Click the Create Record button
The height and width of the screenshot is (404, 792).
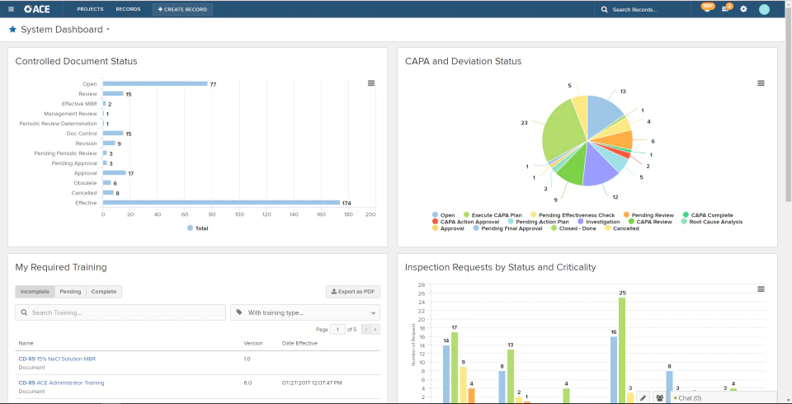pos(182,9)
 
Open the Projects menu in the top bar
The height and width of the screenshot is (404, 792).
pos(90,9)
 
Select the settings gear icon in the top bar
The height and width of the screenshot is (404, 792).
pos(743,9)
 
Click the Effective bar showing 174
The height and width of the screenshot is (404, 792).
pos(221,202)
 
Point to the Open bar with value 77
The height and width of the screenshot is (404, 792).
pos(154,83)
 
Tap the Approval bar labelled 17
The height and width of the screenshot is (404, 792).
pos(114,173)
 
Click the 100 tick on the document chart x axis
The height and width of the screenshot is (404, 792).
pos(238,214)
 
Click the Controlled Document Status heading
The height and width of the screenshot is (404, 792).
pos(76,61)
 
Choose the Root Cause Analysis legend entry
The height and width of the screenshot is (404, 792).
pos(716,222)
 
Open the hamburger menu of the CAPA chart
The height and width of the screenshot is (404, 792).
pos(761,83)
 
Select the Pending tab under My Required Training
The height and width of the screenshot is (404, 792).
pos(70,292)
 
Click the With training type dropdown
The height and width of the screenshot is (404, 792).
pos(304,313)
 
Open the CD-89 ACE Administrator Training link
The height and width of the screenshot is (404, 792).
pos(61,383)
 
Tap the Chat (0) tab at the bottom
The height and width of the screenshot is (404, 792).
pos(689,397)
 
